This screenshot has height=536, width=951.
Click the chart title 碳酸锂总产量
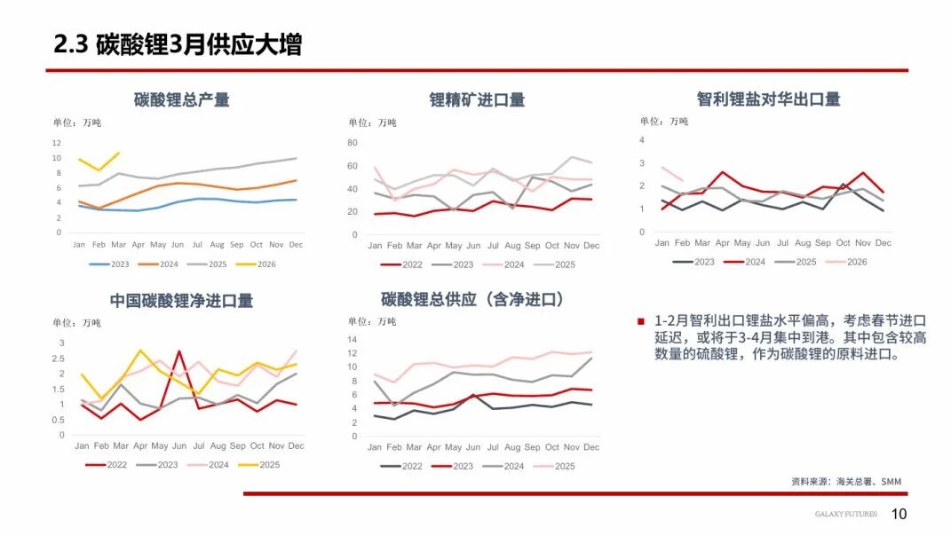click(181, 99)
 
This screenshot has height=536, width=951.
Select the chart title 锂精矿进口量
click(477, 99)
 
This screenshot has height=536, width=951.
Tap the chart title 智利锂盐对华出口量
click(768, 99)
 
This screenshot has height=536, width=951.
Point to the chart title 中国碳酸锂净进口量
click(181, 301)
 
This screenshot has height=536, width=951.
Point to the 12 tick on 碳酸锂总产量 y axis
click(57, 143)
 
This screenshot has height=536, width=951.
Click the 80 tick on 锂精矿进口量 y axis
click(352, 143)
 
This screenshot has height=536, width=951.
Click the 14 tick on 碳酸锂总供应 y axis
click(352, 340)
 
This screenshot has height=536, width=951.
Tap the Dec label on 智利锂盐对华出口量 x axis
click(883, 243)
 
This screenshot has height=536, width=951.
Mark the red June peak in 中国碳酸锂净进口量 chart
click(179, 351)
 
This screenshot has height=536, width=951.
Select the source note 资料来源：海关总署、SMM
click(845, 482)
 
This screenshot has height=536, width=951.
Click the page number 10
click(899, 515)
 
